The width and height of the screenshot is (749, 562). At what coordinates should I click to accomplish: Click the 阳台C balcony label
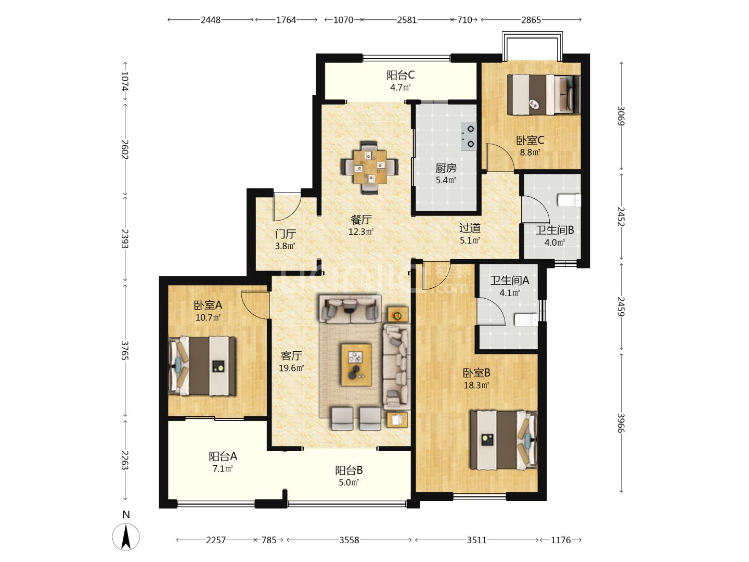401,75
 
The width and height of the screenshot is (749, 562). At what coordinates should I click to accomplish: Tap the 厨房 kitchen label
446,168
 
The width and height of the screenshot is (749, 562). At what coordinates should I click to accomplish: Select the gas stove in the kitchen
469,136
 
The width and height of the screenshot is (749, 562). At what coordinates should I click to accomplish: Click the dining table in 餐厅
369,167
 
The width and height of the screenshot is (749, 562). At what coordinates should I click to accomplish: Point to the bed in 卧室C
543,95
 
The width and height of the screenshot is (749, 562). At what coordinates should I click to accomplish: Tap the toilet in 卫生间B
569,200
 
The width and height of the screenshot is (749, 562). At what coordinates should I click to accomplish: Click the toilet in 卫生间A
526,320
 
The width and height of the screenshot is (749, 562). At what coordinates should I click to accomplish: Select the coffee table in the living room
356,365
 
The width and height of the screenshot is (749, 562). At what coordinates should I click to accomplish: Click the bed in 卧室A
202,366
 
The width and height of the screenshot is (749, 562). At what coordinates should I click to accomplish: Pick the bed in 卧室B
503,440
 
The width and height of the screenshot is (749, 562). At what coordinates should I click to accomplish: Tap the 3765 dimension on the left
125,350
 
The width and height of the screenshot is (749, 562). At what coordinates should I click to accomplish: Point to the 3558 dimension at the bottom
349,540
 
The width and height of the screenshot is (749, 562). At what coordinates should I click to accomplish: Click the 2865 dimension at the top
531,20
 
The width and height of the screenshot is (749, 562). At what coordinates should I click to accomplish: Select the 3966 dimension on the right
621,423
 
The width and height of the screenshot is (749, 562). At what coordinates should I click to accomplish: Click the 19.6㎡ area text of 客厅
291,368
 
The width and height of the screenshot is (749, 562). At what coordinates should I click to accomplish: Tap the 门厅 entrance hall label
285,234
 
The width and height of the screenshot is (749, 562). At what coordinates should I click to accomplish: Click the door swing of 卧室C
499,157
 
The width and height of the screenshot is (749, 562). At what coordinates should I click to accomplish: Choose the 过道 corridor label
470,228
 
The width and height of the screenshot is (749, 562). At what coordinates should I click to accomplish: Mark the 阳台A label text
223,456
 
